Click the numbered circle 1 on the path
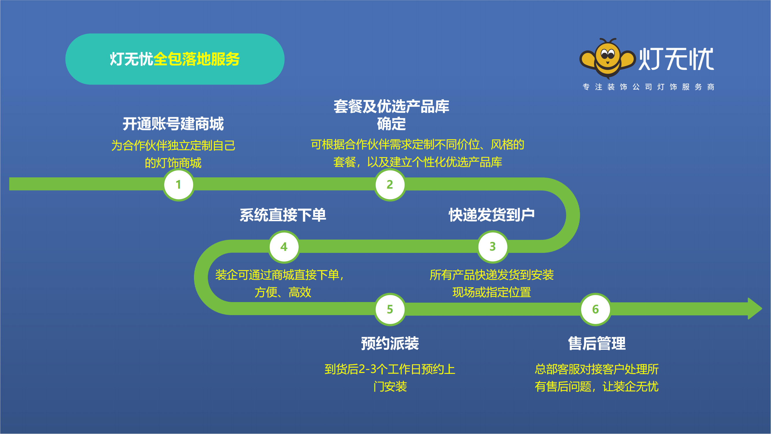[179, 185]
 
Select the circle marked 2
[390, 185]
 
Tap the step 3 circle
[493, 247]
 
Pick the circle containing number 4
[284, 247]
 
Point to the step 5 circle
[390, 309]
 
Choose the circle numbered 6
[595, 309]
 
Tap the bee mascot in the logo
[607, 58]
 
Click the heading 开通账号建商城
[173, 124]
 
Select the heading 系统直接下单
[283, 215]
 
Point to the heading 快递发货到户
[492, 215]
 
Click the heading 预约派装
[390, 343]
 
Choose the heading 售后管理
[596, 343]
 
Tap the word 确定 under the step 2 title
[391, 124]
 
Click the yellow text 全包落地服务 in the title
[197, 59]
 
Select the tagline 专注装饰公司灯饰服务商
[648, 87]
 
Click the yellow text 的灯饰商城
[173, 163]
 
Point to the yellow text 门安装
[390, 387]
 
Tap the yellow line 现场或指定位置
[492, 292]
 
